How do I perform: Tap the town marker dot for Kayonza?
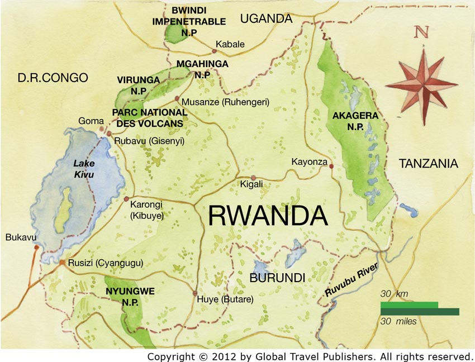(x=331, y=166)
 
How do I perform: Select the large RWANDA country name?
(x=267, y=216)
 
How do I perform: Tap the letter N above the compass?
(x=422, y=32)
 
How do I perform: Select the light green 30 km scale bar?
(x=409, y=304)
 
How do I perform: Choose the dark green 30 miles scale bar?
(x=420, y=312)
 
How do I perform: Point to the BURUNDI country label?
(x=277, y=278)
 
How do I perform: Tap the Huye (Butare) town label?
(x=225, y=299)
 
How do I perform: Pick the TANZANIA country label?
(x=428, y=163)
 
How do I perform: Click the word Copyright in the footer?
(x=169, y=356)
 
